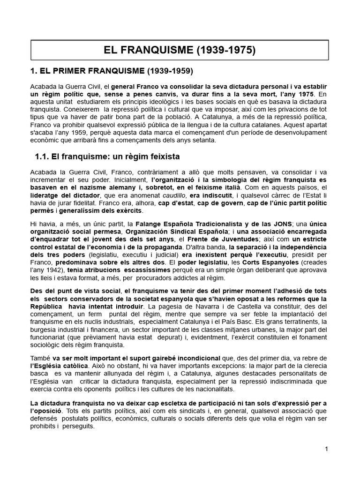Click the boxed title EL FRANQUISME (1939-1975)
[180, 50]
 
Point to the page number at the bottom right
[326, 449]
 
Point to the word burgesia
[43, 329]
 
